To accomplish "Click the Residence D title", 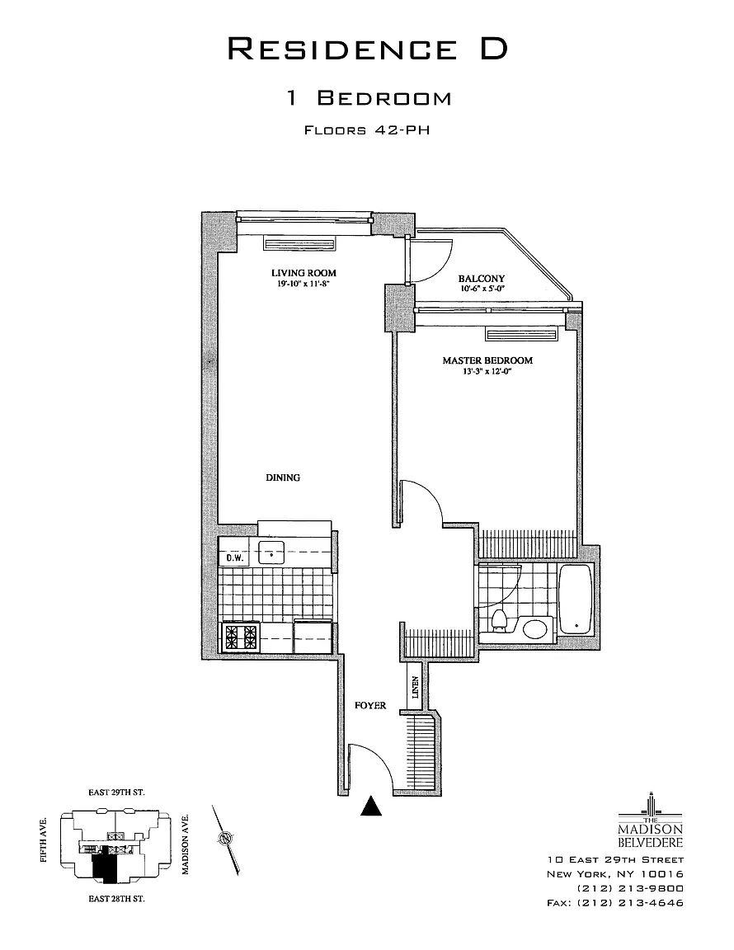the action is (x=367, y=49).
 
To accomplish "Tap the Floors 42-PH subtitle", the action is (x=367, y=129).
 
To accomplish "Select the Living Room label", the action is (x=303, y=273).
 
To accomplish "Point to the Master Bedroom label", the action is (x=487, y=360).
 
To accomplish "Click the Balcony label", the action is (x=482, y=279).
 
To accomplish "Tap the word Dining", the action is (x=283, y=477).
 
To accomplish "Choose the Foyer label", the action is (x=370, y=706).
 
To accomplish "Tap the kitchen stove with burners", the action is (x=240, y=637).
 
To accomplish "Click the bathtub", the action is (x=576, y=598).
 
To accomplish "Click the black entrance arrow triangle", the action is (x=373, y=807).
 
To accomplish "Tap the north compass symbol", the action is (x=225, y=839).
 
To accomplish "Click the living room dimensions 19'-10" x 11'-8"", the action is (x=303, y=285).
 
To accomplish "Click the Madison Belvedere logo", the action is (x=651, y=825).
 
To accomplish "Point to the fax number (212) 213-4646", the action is (x=615, y=903).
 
